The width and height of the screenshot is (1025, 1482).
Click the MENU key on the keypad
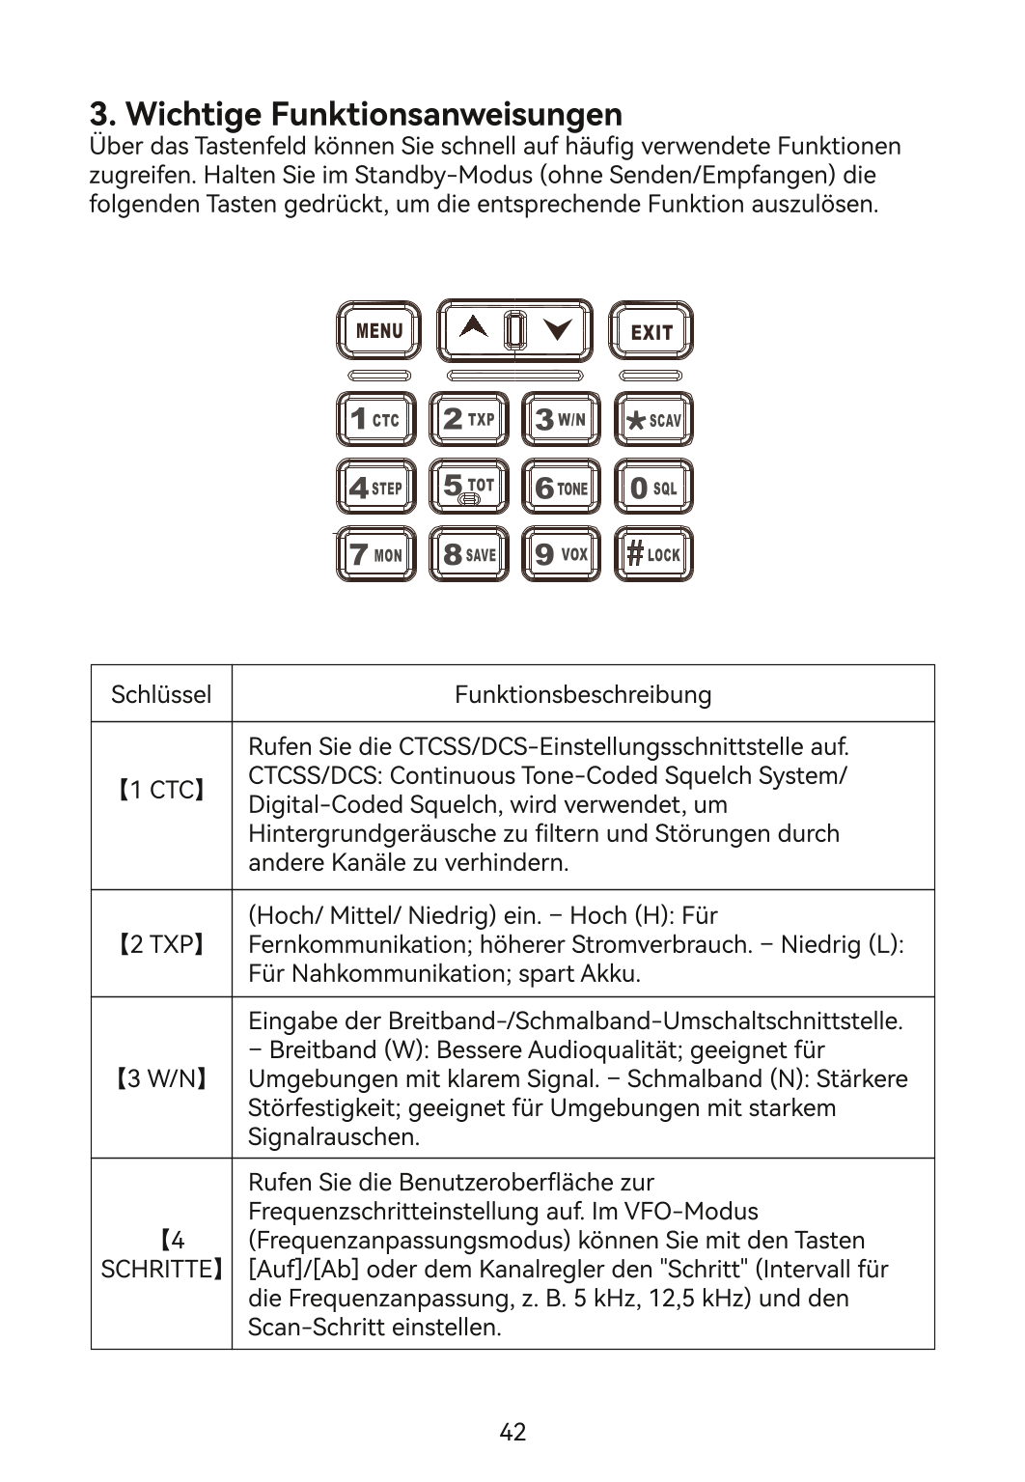[378, 330]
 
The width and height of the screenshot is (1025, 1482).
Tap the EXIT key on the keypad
[651, 331]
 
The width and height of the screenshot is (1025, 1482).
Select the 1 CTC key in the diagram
[375, 419]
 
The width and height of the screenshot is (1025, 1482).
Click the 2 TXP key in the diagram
[469, 419]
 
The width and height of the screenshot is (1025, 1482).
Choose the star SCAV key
[654, 419]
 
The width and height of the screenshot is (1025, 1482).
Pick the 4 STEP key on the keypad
[375, 487]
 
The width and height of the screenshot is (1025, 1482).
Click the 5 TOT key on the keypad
[469, 487]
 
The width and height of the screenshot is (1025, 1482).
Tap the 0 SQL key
[654, 487]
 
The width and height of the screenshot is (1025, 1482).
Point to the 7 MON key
[375, 554]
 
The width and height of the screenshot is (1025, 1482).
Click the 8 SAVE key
[469, 554]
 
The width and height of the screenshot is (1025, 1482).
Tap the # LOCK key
[654, 554]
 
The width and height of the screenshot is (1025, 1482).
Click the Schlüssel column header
[161, 694]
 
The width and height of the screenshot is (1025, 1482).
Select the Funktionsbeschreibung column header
[583, 694]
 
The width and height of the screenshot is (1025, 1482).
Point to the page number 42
[512, 1432]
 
